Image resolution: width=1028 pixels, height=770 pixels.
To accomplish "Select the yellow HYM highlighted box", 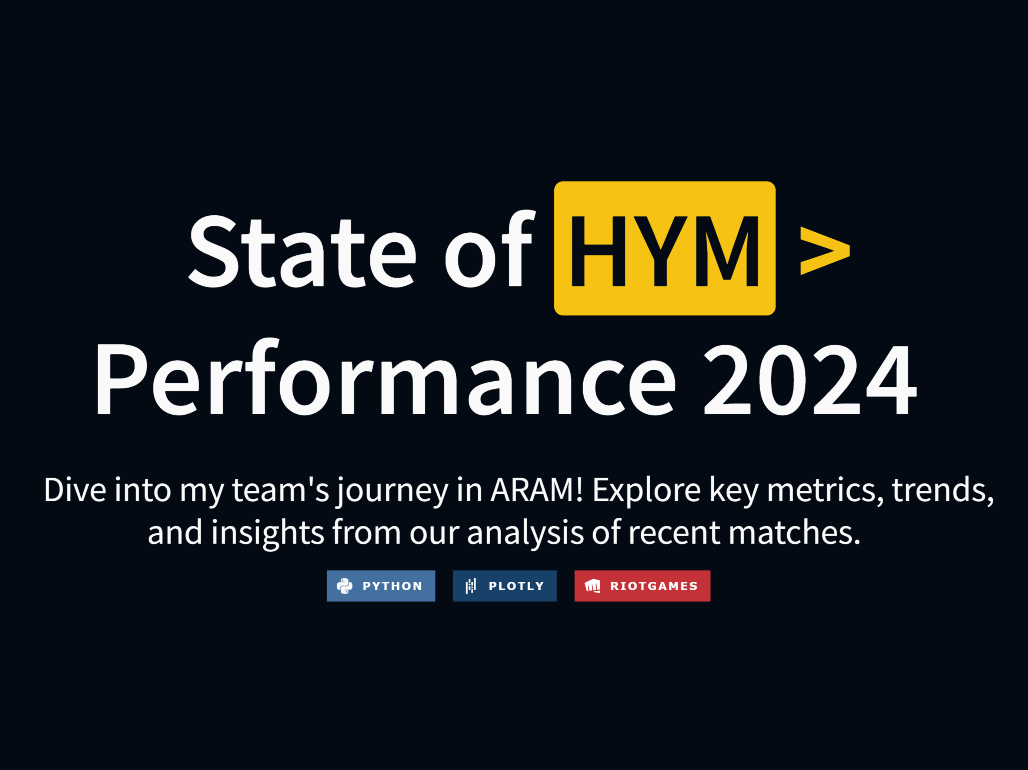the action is (665, 248).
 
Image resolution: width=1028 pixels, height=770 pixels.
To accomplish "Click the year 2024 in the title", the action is (810, 379).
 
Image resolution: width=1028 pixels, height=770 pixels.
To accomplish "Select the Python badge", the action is (381, 586).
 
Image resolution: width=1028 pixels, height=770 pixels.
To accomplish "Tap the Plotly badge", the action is (505, 586).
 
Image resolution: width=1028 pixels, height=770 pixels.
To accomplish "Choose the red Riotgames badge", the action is (642, 586).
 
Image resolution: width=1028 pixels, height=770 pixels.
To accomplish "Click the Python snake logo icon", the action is (344, 586).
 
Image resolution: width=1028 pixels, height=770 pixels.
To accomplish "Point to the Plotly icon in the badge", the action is (471, 586).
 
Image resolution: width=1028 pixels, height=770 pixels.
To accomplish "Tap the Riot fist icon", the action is (593, 586).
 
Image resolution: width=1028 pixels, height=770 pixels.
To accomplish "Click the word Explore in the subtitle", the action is (647, 492).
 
